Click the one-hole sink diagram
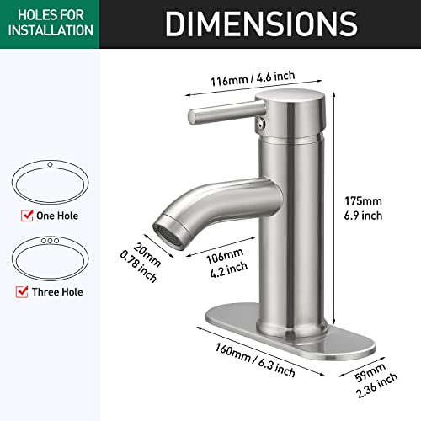51,179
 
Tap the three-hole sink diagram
51,257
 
